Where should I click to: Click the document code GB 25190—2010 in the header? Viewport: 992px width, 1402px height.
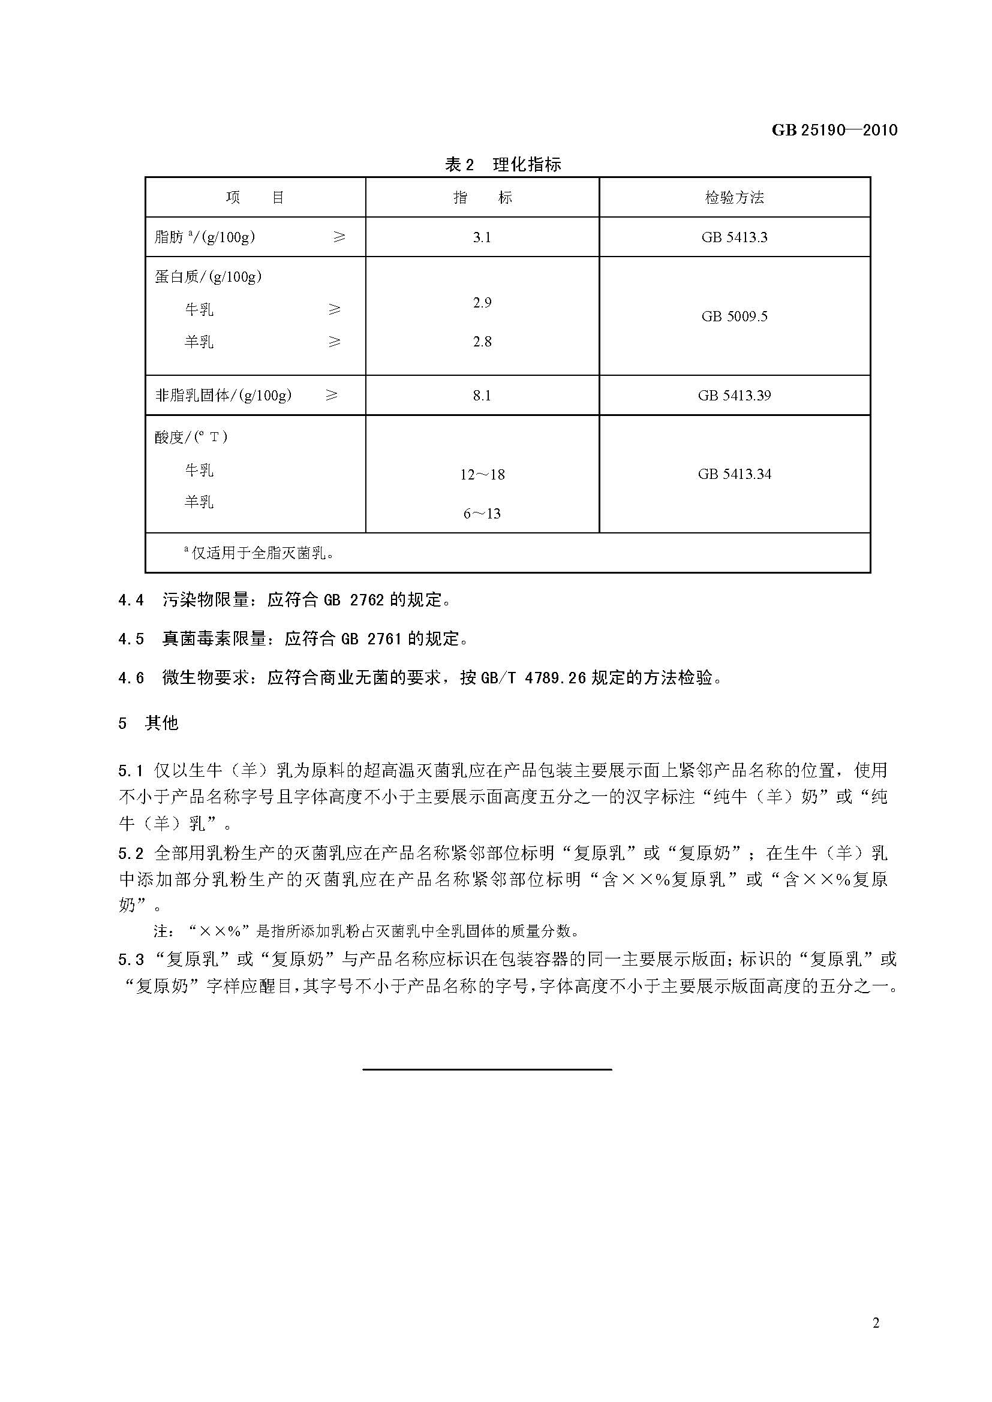pos(834,129)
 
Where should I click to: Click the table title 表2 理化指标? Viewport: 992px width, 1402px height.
pos(502,164)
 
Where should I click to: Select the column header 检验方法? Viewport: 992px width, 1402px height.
pos(734,197)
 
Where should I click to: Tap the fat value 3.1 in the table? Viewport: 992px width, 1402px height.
pos(482,237)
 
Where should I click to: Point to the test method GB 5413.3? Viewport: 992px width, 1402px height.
pos(734,237)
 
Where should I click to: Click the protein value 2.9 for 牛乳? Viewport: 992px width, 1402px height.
pos(482,302)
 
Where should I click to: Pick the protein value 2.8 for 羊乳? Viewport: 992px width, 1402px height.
pos(482,341)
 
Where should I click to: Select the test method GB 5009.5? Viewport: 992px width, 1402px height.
pos(734,316)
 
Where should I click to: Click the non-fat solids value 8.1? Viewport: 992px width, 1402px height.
pos(482,396)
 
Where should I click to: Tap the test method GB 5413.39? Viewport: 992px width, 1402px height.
pos(734,396)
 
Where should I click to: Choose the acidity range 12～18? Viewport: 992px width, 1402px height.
pos(482,475)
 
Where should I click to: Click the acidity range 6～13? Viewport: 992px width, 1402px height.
pos(482,514)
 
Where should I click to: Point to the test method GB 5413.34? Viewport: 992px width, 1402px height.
pos(734,474)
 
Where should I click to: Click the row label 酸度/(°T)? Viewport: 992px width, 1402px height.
pos(191,436)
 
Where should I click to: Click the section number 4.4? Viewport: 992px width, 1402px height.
pos(131,600)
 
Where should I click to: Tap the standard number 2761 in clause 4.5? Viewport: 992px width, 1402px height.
pos(384,639)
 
